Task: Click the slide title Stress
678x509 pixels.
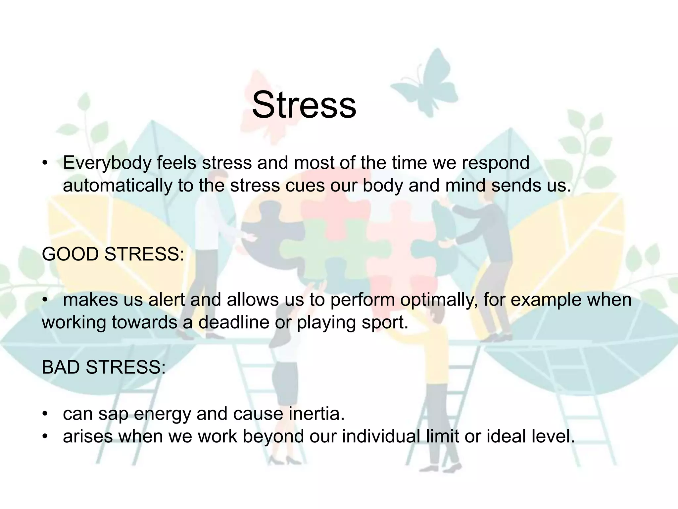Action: (x=304, y=105)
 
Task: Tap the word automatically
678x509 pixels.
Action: (x=118, y=186)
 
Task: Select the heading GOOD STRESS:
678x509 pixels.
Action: (x=113, y=254)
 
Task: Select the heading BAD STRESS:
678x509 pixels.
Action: (x=104, y=367)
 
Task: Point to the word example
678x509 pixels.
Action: (x=546, y=300)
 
